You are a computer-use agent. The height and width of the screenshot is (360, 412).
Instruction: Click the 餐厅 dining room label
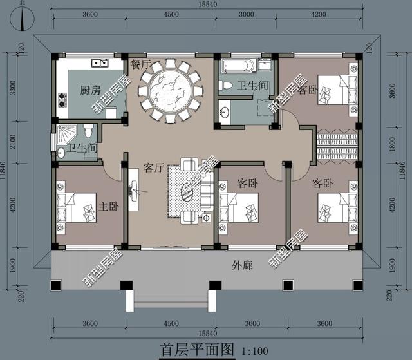(x=141, y=64)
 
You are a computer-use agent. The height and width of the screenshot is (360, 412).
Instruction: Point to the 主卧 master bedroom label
(x=109, y=207)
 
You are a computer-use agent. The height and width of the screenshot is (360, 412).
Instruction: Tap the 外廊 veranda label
(x=241, y=265)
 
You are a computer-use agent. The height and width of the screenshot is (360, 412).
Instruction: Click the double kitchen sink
(x=100, y=63)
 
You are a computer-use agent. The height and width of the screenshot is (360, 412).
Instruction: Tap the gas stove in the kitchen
(x=63, y=99)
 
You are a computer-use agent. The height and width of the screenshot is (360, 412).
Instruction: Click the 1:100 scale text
(x=256, y=351)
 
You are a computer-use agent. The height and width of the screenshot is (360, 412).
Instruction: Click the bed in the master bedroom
(x=77, y=207)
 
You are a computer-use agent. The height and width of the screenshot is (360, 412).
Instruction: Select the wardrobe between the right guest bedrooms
(x=336, y=146)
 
